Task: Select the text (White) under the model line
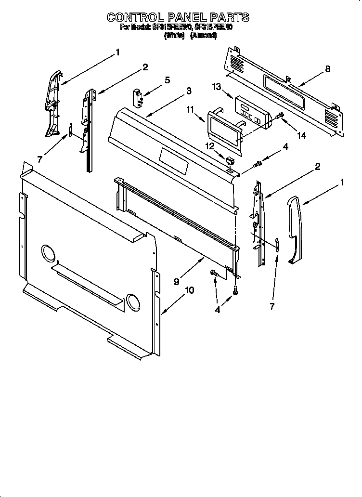174,36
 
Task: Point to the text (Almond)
203,36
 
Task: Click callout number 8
327,69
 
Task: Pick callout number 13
217,86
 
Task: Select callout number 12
210,145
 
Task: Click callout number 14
301,136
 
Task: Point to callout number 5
167,80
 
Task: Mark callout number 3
189,91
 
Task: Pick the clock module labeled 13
252,112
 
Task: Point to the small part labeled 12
228,159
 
